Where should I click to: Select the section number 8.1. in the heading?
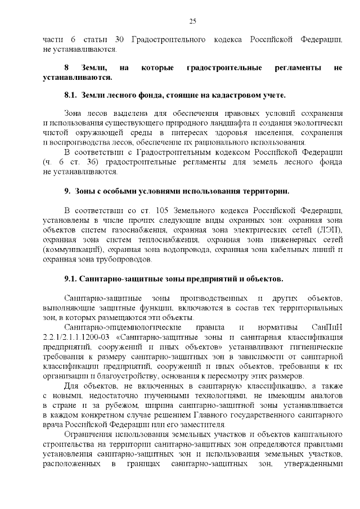(x=71, y=94)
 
